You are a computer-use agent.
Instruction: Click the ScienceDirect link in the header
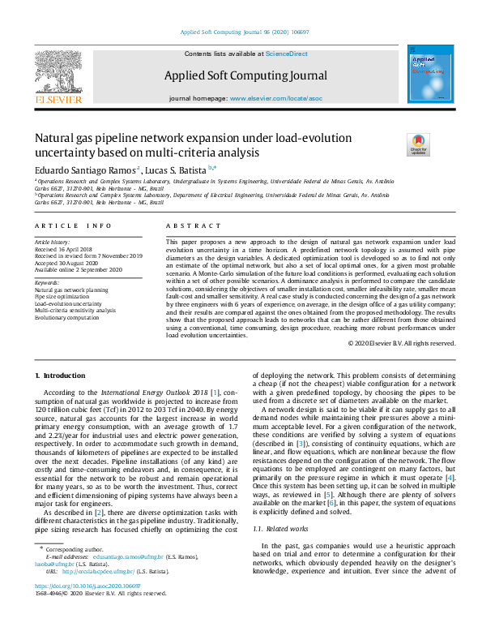(287, 53)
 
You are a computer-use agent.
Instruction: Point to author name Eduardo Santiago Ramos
(85, 170)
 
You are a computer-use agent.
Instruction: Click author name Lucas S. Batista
(177, 170)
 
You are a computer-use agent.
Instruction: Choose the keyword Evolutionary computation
(66, 317)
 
